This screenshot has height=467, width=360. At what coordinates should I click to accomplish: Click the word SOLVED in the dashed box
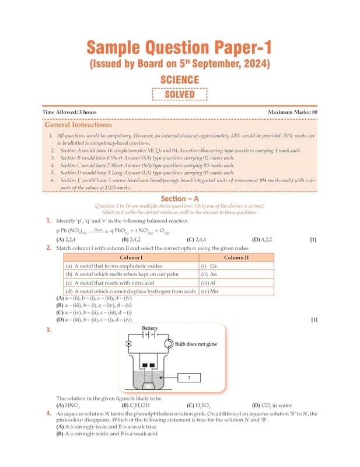(x=180, y=95)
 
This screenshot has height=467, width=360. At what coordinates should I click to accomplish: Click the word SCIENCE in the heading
(x=180, y=80)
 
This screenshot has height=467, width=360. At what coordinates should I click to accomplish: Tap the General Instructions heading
(x=78, y=125)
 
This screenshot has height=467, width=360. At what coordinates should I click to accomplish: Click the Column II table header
(x=236, y=257)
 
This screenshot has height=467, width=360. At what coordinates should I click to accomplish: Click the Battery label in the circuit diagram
(x=150, y=329)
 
